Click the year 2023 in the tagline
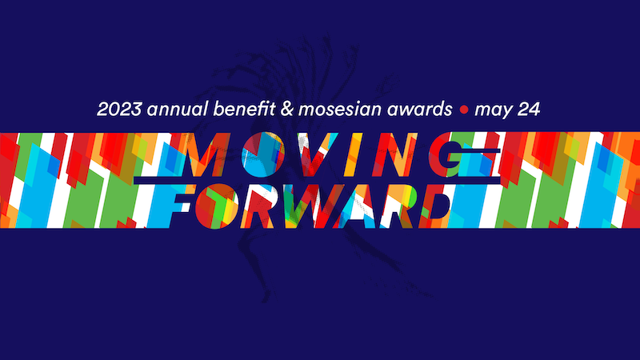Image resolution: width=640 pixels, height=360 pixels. [119, 109]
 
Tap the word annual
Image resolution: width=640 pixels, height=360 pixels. [178, 109]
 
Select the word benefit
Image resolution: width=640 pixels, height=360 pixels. [244, 109]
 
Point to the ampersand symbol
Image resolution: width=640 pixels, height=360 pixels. [287, 109]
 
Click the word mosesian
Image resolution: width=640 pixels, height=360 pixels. [340, 109]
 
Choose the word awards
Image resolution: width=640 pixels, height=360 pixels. [419, 109]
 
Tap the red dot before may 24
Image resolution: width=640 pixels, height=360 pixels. [464, 110]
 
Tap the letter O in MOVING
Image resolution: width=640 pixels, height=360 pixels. [262, 154]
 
